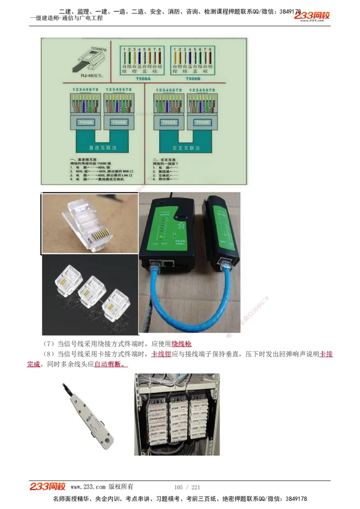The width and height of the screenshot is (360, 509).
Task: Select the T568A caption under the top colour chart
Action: [x=142, y=77]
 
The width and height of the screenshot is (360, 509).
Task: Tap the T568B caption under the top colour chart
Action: [x=193, y=77]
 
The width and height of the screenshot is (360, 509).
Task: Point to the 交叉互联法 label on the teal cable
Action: [x=183, y=147]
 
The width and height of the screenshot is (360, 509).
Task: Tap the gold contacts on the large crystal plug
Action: [x=102, y=234]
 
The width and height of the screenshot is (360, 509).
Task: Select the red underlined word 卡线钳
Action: [x=161, y=354]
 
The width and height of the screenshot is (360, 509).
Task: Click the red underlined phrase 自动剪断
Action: [x=110, y=364]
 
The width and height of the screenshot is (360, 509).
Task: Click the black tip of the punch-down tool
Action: [x=64, y=384]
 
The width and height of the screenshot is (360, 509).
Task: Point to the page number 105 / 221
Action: [x=187, y=487]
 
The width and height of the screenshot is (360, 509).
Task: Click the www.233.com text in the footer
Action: [x=88, y=487]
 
